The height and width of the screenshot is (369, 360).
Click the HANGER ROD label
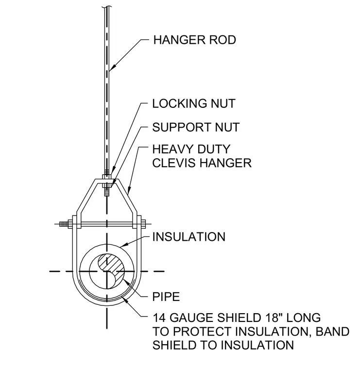click(x=194, y=40)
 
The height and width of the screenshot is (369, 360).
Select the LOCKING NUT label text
click(x=194, y=103)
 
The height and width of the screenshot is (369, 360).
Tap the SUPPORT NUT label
click(x=196, y=127)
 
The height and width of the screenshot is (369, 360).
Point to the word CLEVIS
click(x=175, y=163)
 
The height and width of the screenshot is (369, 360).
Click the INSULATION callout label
click(x=189, y=237)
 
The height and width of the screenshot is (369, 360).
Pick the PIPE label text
click(x=166, y=297)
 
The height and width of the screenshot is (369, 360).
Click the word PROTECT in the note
click(x=202, y=332)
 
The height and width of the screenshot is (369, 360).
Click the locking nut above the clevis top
click(x=107, y=177)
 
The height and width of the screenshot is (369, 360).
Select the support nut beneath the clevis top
click(x=107, y=185)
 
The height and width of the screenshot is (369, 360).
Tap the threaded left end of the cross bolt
click(x=63, y=224)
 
